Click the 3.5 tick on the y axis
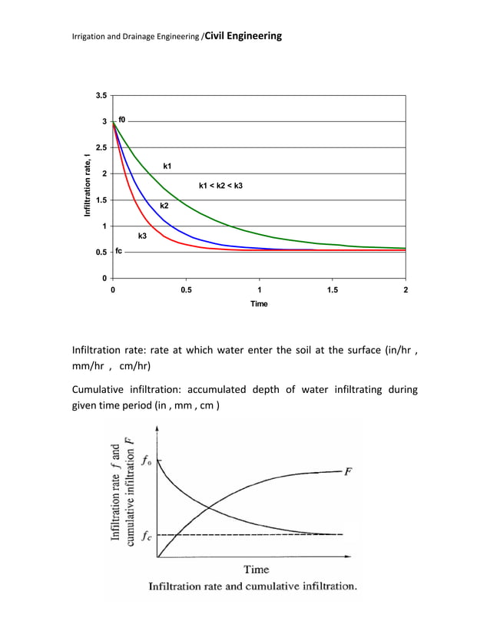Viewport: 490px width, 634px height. (x=101, y=96)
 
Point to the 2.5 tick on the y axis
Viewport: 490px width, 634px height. (x=101, y=147)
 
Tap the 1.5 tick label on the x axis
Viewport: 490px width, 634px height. (x=332, y=289)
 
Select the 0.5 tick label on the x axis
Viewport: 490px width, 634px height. (x=186, y=289)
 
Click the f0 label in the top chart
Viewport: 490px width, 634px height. (x=122, y=121)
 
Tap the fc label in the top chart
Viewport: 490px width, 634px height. (x=119, y=251)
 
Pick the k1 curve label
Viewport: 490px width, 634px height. (x=168, y=166)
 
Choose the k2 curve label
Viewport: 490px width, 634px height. (x=164, y=206)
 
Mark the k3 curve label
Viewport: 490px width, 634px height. (x=142, y=236)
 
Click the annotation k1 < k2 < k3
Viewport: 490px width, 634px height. (x=220, y=187)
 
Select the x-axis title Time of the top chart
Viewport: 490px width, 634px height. (x=259, y=304)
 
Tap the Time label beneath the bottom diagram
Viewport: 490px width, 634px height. (x=256, y=569)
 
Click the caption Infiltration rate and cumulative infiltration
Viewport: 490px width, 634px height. (x=253, y=587)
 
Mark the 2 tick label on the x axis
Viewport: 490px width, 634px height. (x=406, y=289)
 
